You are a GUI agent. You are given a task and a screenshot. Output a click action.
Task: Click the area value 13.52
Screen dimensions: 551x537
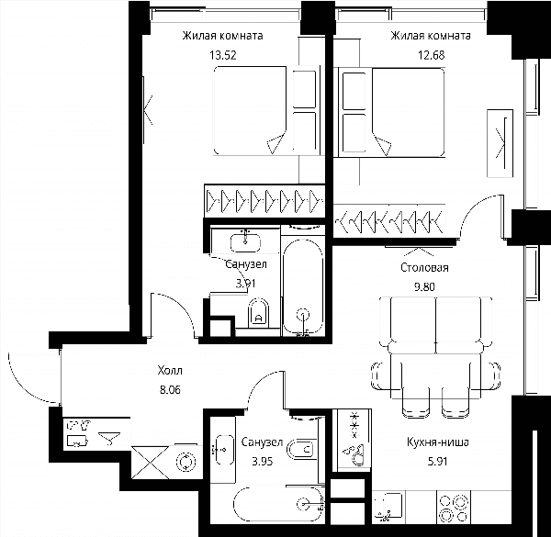[223, 55]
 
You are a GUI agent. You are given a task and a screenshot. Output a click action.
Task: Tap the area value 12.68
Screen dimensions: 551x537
[432, 55]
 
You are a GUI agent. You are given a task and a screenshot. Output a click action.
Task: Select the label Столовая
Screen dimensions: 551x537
[424, 268]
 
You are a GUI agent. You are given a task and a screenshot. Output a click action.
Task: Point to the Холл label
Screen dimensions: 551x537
[170, 371]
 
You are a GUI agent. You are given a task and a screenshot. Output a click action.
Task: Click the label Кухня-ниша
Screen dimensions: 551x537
[437, 442]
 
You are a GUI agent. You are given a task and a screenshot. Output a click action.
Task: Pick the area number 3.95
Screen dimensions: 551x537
[262, 461]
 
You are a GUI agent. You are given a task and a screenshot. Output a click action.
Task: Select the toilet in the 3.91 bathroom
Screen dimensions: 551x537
[258, 313]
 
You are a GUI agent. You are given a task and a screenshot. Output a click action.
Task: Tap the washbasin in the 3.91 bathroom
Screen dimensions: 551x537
[245, 241]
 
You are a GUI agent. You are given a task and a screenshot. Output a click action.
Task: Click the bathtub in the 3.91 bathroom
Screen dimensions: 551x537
[303, 287]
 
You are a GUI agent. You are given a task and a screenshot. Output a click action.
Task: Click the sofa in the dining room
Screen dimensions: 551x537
[435, 325]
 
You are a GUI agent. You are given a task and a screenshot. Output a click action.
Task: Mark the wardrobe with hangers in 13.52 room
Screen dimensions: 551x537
[264, 201]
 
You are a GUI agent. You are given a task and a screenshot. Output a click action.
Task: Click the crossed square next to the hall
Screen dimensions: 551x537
[151, 463]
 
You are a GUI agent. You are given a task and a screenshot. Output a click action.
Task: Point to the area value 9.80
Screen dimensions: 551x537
[424, 287]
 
